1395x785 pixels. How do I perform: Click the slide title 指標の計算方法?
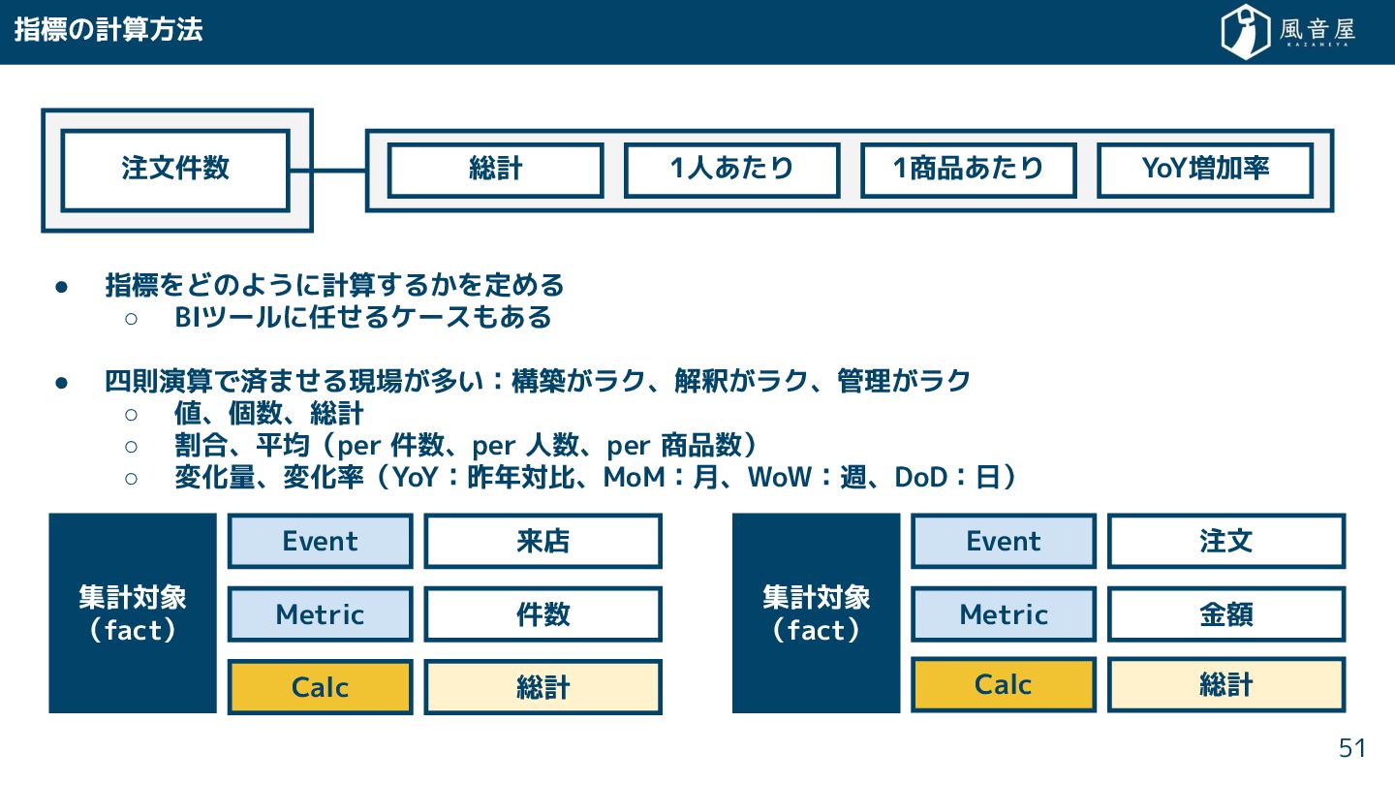pos(108,30)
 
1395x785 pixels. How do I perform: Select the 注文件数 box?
pos(175,170)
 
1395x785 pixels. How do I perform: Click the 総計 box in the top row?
pos(495,170)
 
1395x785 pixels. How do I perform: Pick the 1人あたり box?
pos(731,170)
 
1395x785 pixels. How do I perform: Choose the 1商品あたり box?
pos(968,170)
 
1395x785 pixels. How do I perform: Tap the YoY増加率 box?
pos(1204,170)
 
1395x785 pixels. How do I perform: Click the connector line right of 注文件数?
pos(327,171)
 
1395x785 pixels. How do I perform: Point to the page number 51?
pos(1351,748)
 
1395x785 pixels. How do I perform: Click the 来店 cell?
pos(542,541)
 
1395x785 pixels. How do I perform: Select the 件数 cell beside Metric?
pos(542,614)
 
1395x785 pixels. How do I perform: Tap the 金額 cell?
pos(1225,614)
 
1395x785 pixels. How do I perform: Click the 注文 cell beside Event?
pos(1225,541)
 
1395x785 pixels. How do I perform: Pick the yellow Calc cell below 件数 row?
pos(320,687)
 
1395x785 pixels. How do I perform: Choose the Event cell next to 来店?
pos(320,541)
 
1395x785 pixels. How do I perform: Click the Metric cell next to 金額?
pos(1004,614)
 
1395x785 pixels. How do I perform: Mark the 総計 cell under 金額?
pos(1225,685)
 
